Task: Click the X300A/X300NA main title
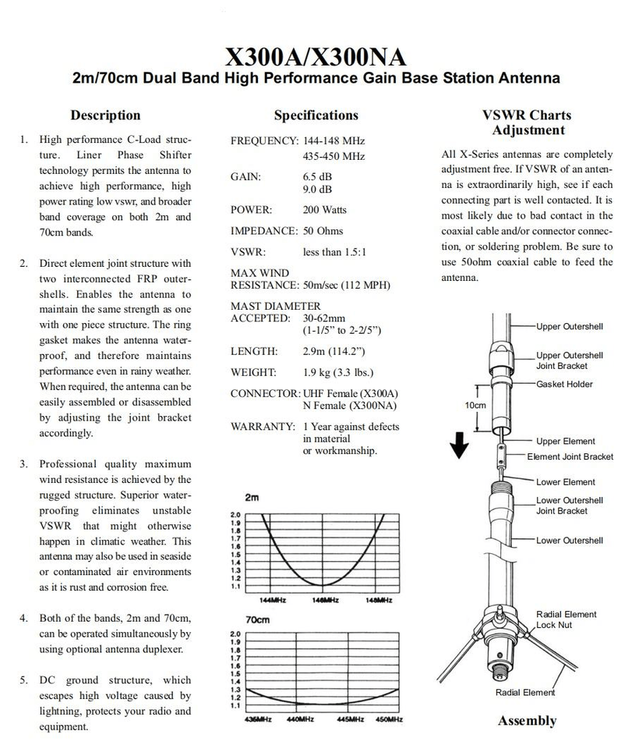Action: pos(316,57)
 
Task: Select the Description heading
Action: pos(105,115)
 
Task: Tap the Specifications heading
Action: pos(316,115)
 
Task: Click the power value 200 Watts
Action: pos(324,210)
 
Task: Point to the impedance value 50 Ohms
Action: pos(323,231)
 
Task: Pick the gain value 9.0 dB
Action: pos(317,189)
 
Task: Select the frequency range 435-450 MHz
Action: pos(334,156)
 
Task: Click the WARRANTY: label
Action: pos(263,427)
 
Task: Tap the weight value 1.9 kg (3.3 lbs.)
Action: pos(338,373)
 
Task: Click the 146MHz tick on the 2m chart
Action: pos(325,600)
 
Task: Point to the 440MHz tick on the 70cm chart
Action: pos(300,719)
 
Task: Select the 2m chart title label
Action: pos(252,498)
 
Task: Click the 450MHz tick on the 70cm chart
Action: pos(389,719)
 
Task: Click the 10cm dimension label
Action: pos(475,406)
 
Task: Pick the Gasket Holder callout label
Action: pos(564,384)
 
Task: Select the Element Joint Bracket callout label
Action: pos(570,456)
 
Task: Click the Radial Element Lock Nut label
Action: pos(566,619)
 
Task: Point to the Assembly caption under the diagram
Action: pos(528,721)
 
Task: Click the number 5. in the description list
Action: pos(24,680)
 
